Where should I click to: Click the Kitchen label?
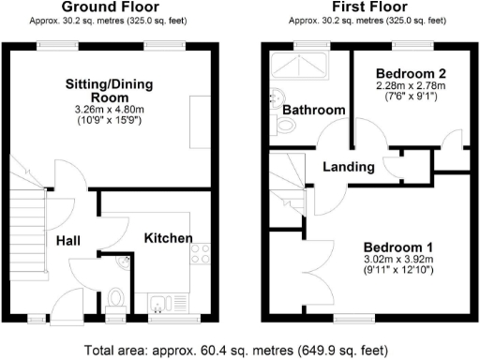coord(168,238)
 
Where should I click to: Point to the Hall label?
coord(68,241)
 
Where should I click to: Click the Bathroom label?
coord(313,111)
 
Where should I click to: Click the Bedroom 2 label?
coord(409,73)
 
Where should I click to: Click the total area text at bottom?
coord(240,349)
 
